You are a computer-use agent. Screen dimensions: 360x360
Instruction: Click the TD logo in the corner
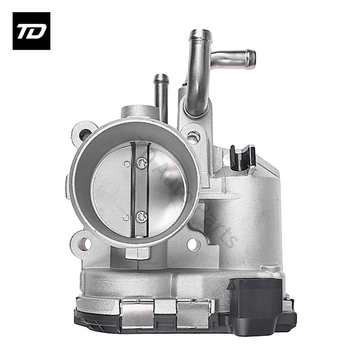(31, 31)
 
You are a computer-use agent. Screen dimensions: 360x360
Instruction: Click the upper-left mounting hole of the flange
(85, 134)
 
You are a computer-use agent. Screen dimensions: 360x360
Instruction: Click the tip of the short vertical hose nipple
(160, 78)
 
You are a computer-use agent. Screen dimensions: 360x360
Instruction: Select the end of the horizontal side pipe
(251, 58)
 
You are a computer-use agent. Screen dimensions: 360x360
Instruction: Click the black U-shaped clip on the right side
(243, 157)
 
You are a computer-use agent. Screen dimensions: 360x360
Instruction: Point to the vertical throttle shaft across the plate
(137, 189)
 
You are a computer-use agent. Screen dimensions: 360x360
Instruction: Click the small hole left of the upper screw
(126, 163)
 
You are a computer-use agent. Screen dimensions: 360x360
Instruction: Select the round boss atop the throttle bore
(139, 112)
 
